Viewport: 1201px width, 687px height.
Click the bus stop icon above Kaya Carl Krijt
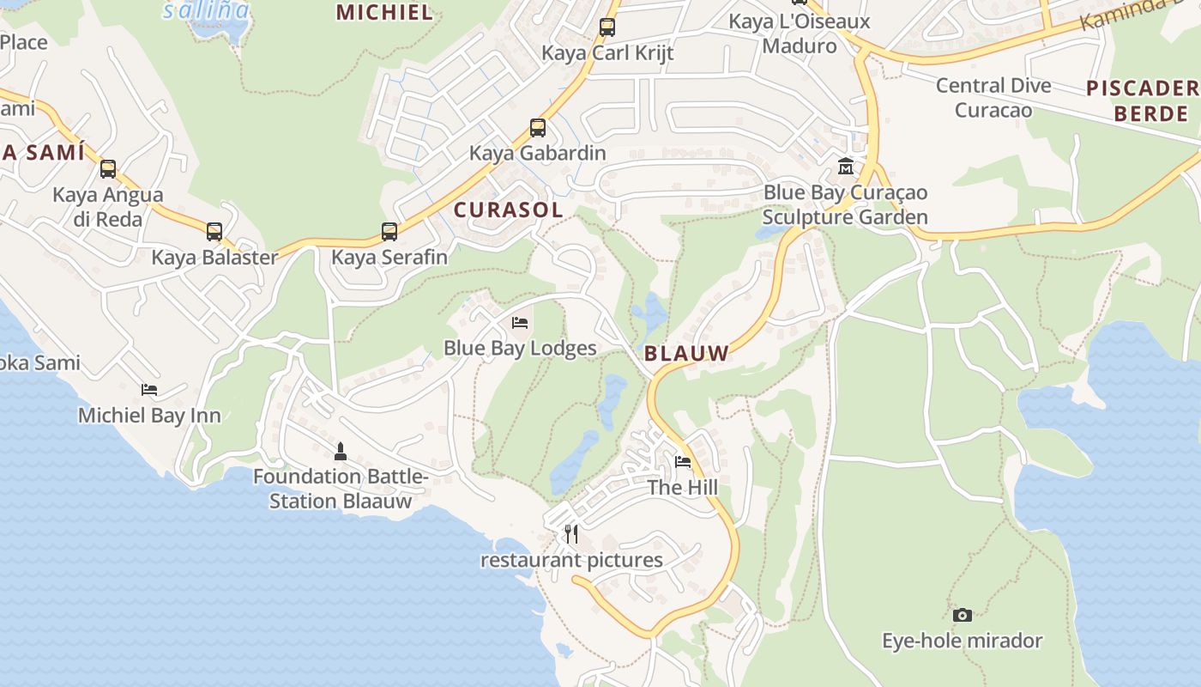607,27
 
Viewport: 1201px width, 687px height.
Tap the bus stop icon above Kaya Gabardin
537,128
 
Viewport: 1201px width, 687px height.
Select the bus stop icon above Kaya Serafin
389,231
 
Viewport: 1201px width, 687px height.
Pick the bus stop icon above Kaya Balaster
214,231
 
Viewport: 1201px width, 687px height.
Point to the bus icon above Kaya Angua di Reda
107,169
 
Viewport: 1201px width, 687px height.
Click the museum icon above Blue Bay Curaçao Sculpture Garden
846,167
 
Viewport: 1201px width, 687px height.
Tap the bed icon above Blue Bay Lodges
519,323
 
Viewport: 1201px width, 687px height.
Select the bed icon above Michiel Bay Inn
149,390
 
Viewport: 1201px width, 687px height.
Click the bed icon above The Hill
683,462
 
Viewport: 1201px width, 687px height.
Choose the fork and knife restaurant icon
571,534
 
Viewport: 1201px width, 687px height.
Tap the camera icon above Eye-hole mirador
962,615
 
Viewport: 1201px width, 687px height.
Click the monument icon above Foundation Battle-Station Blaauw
341,451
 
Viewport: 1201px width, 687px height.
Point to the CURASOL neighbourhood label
508,210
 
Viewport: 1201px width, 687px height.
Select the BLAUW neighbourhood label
685,353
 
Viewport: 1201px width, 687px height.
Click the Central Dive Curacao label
993,98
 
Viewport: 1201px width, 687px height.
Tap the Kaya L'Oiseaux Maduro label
799,33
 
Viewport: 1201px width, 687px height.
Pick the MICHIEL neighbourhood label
384,12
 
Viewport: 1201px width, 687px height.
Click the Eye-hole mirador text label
962,641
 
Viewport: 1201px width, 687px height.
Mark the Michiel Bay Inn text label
149,416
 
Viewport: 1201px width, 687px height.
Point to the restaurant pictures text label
571,561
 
